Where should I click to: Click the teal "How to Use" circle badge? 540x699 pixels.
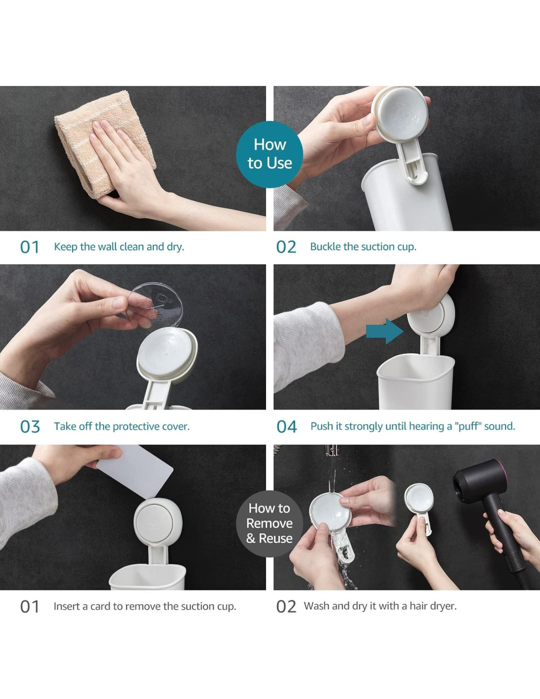pyautogui.click(x=270, y=154)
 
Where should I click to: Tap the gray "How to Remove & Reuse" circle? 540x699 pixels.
pyautogui.click(x=270, y=524)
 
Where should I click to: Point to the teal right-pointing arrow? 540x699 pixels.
pyautogui.click(x=384, y=331)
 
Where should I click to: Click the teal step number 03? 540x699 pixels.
pyautogui.click(x=30, y=427)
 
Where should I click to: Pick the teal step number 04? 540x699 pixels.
pyautogui.click(x=287, y=427)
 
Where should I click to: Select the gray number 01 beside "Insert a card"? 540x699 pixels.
pyautogui.click(x=29, y=607)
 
